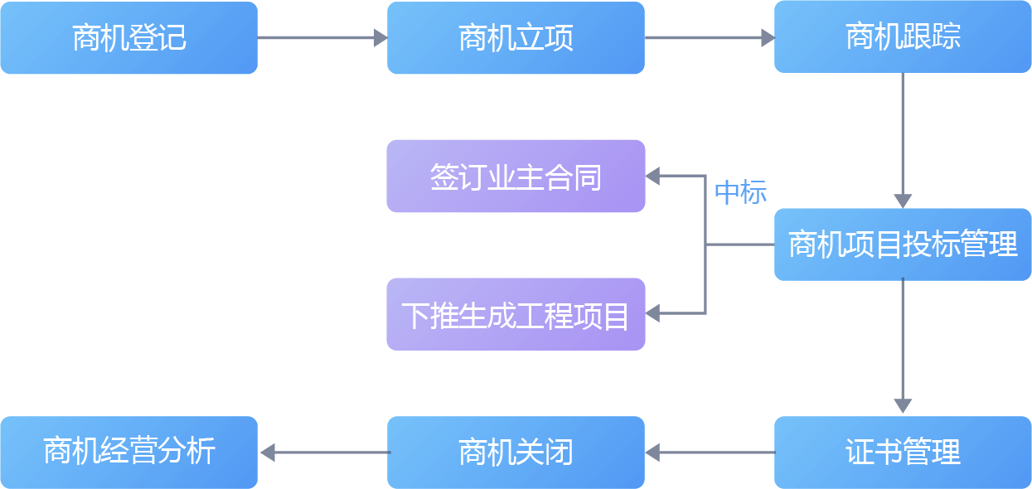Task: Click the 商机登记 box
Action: tap(128, 38)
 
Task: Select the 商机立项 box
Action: tap(516, 38)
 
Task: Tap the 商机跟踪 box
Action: tap(903, 38)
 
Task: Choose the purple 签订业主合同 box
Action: tap(516, 177)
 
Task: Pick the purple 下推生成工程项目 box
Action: tap(516, 314)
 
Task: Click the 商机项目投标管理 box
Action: tap(903, 245)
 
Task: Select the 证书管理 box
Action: tap(903, 453)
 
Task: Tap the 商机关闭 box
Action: tap(516, 453)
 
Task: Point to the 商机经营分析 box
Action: tap(128, 453)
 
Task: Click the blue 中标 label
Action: tap(740, 192)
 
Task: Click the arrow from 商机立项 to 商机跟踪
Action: tap(709, 37)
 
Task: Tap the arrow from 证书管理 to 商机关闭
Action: tap(710, 453)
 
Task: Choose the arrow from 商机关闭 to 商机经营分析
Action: tap(323, 453)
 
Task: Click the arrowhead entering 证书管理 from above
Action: tap(903, 405)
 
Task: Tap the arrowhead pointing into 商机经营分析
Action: tap(267, 453)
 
